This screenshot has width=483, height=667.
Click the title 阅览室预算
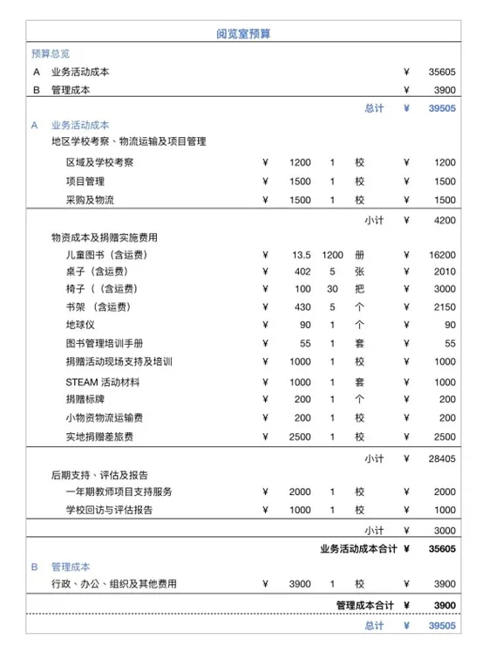pos(241,33)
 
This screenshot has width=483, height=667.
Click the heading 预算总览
pos(51,53)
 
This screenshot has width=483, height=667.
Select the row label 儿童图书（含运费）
pos(105,255)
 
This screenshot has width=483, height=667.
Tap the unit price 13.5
pos(301,255)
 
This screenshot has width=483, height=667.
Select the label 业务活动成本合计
pos(358,549)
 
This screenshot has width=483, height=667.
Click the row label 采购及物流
pos(85,200)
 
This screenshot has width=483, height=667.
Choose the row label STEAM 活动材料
pos(102,382)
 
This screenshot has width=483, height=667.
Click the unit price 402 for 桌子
pos(302,272)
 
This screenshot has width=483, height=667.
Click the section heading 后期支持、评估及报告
pos(99,476)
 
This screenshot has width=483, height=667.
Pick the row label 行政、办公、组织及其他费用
pos(113,584)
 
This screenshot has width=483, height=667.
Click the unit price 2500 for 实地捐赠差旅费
pos(299,437)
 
